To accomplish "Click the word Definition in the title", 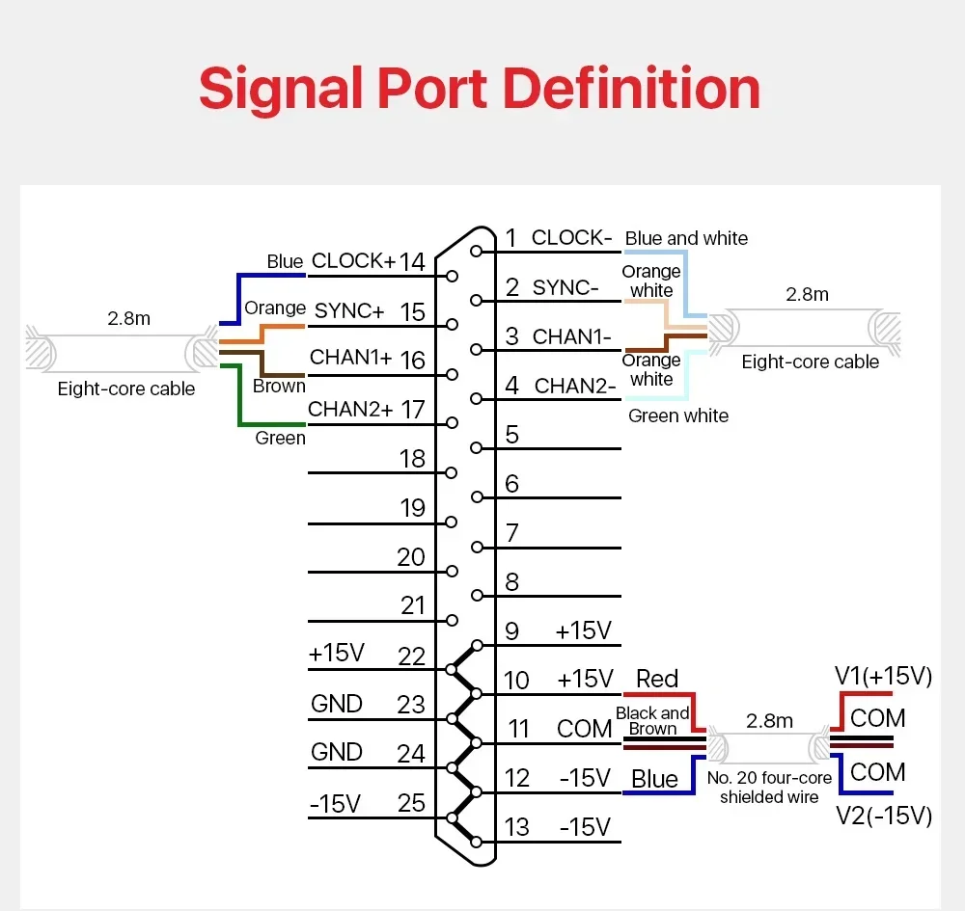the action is tap(631, 89).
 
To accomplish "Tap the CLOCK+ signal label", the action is tap(353, 260).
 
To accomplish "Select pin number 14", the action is tap(412, 262).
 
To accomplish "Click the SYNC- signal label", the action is tap(565, 287).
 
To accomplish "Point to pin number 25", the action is tap(411, 803).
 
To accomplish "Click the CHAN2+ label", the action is tap(350, 409).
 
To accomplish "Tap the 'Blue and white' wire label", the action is tap(686, 238).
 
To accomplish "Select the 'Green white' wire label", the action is tap(678, 416).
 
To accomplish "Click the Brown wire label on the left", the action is tap(279, 386).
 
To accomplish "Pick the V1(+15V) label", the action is tap(883, 676).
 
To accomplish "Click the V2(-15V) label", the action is tap(884, 816).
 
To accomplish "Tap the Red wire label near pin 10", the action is tap(656, 679).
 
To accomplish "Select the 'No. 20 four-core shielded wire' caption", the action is tap(769, 788).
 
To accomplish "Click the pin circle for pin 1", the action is tap(476, 252).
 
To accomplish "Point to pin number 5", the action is tap(512, 435).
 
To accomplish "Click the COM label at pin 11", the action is tap(584, 729).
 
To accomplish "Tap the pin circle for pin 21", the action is tap(452, 620).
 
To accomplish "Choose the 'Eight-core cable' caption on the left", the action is tap(126, 389).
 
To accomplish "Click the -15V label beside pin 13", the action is tap(585, 827).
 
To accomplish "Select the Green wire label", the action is tap(280, 438).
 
